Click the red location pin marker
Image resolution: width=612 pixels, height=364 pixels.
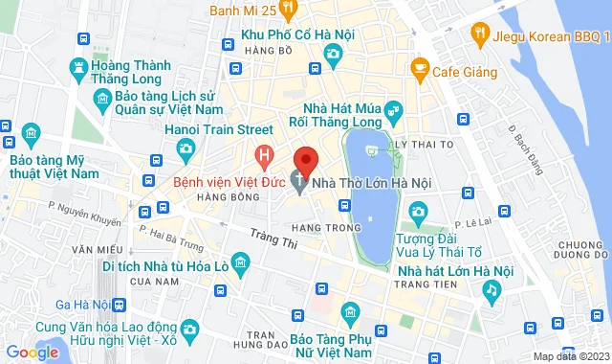coord(305,158)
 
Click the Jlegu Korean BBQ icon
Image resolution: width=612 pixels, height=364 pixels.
coord(479,36)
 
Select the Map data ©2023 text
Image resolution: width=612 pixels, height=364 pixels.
coord(568,356)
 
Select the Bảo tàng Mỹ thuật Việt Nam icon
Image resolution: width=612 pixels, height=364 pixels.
coord(29,130)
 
